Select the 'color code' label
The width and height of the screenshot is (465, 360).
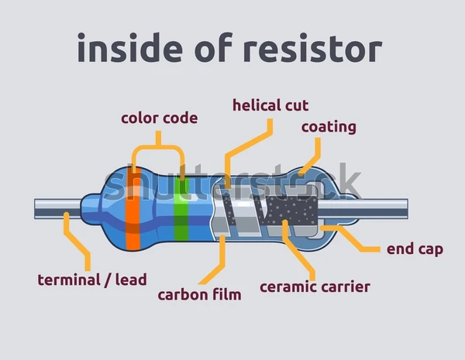pos(159,118)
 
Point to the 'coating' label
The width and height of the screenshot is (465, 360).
pos(329,126)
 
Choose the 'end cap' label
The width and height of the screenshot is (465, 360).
pos(415,249)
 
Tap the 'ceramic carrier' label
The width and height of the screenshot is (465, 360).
pos(315,287)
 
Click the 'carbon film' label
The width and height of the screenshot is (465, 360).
pos(199,294)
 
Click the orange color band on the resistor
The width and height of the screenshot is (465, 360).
pos(132,206)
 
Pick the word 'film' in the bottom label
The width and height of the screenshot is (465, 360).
pos(226,294)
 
